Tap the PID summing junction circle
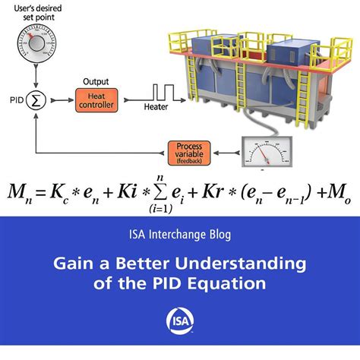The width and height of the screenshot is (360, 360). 35,99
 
